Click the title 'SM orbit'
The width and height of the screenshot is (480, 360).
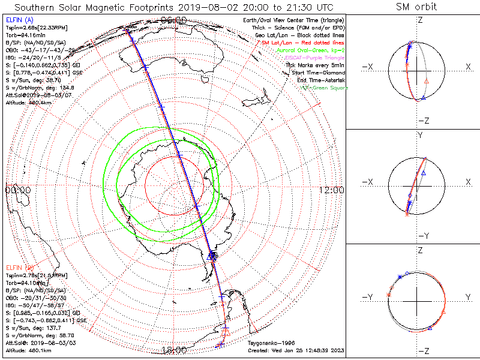[x=416, y=7]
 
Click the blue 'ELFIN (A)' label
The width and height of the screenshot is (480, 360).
[x=19, y=20]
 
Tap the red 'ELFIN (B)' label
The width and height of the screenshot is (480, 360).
[x=19, y=267]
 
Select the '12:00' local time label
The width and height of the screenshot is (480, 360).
[x=331, y=190]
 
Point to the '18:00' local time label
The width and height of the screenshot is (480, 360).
[x=175, y=349]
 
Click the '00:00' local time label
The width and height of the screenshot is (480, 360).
[x=18, y=190]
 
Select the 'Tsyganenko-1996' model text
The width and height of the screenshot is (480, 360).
[x=271, y=343]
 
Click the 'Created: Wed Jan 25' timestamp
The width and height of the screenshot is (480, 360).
[x=295, y=350]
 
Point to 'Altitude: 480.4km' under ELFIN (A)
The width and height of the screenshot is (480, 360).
[x=28, y=102]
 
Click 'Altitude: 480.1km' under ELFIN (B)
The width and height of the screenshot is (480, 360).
[x=28, y=349]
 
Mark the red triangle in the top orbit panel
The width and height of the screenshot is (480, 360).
[x=427, y=80]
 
